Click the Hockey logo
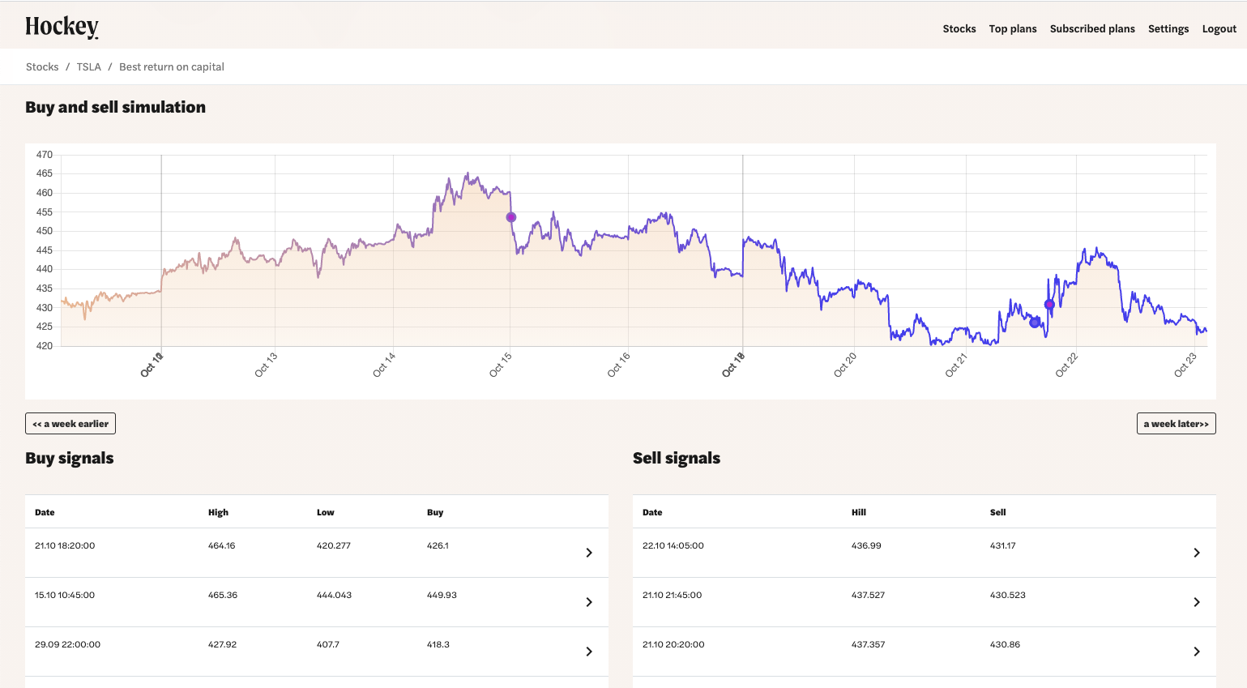(62, 28)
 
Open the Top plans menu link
(1012, 29)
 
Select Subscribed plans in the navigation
(1091, 29)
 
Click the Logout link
(1219, 29)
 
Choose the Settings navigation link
(1168, 29)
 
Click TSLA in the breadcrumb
(88, 67)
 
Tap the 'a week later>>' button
(1176, 424)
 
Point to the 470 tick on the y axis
(44, 155)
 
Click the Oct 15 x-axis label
(501, 365)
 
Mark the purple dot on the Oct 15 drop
(511, 217)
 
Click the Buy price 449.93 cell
(442, 595)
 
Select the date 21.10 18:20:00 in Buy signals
(65, 545)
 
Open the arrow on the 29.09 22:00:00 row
(589, 652)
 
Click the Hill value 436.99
(866, 545)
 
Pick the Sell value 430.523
(1007, 595)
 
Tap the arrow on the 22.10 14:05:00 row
(1197, 553)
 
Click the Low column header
(325, 512)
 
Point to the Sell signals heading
(676, 458)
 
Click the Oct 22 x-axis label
(1066, 365)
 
